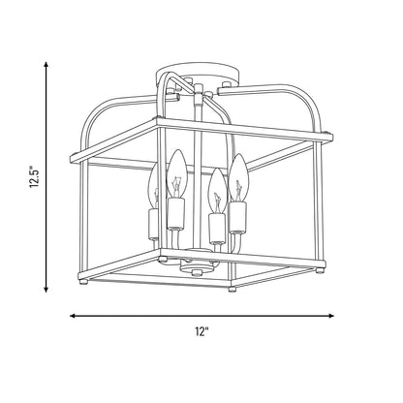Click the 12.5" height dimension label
coord(35,177)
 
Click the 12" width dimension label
coord(201,331)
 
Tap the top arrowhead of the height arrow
coord(46,65)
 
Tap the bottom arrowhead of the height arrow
coord(46,289)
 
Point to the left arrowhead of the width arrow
coord(74,316)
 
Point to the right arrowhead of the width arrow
coord(330,316)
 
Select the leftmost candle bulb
coord(153,186)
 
